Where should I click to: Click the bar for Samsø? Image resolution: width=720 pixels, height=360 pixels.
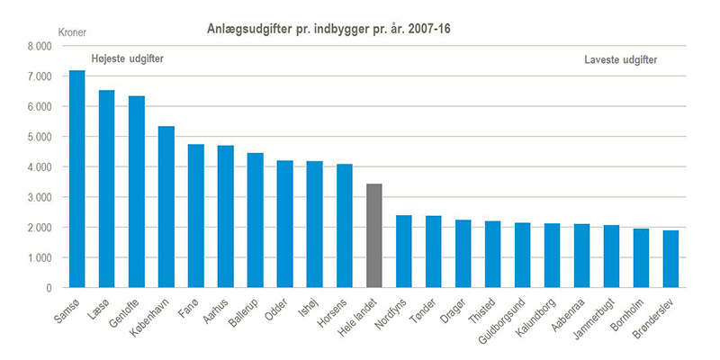pos(77,179)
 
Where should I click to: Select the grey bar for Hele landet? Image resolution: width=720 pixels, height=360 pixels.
pos(374,236)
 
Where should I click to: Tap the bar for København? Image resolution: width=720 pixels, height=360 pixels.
pos(166,207)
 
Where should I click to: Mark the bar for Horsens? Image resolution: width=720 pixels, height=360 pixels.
pos(345,226)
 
